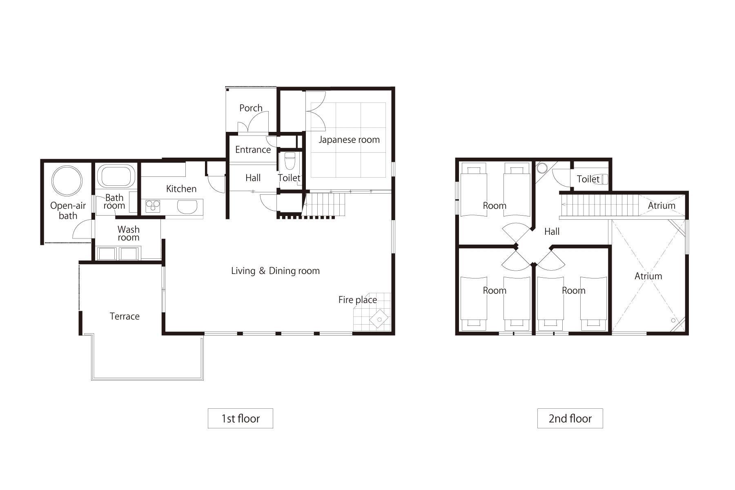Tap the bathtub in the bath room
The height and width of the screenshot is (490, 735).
117,176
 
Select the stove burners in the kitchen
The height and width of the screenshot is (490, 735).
153,206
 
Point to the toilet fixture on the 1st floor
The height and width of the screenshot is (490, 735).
290,161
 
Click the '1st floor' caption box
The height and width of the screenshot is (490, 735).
241,418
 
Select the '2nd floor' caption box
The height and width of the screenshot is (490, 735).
570,418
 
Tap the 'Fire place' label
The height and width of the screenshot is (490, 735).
358,300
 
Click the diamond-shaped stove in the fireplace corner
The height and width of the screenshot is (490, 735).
379,319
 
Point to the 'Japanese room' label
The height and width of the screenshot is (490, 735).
349,140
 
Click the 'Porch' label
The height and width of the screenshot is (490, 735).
251,108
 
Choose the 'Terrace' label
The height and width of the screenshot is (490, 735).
125,316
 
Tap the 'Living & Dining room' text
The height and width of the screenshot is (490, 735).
275,271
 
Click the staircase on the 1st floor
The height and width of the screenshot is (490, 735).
324,205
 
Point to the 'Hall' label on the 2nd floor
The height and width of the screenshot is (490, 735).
552,232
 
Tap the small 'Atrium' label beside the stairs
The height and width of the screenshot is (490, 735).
661,205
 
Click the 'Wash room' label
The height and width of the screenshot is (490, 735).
129,234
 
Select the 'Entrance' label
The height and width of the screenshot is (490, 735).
253,149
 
